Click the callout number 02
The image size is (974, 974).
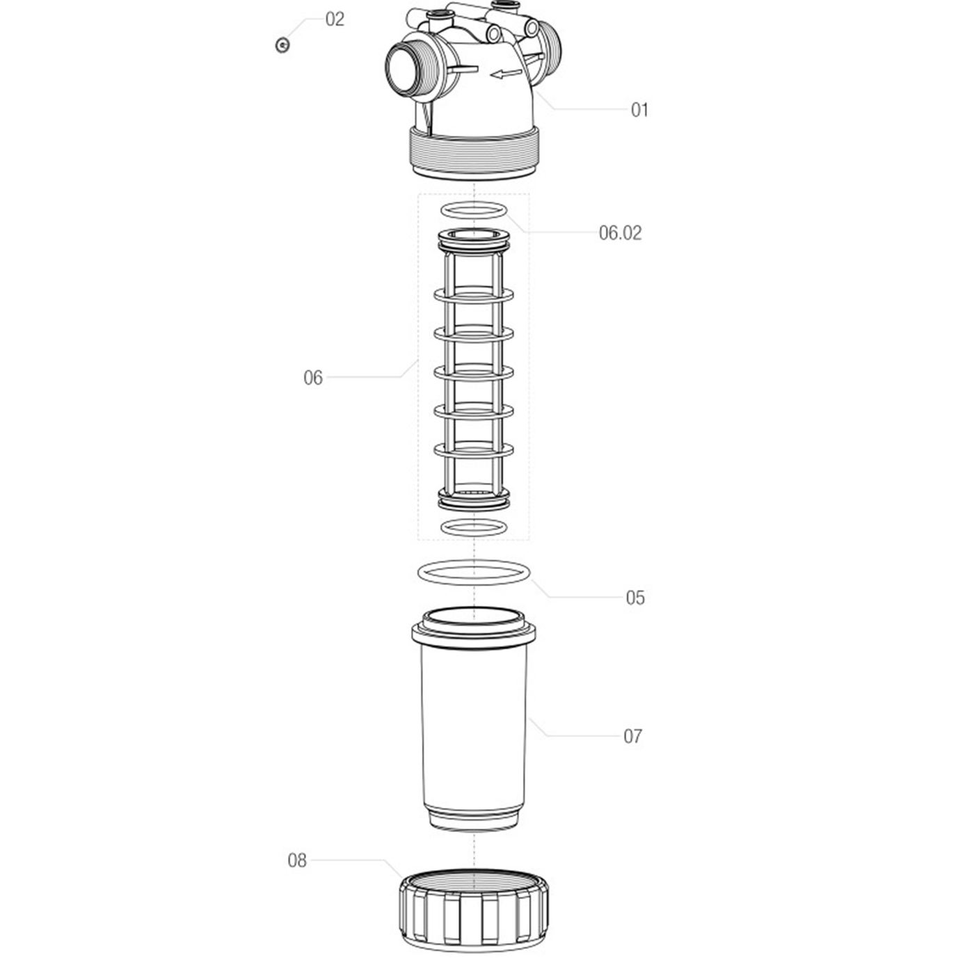pyautogui.click(x=335, y=19)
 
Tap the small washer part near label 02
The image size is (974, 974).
pyautogui.click(x=282, y=45)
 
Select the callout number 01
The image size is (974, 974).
pyautogui.click(x=639, y=110)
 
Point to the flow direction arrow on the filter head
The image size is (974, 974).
pyautogui.click(x=506, y=74)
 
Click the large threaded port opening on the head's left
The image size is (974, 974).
pyautogui.click(x=404, y=71)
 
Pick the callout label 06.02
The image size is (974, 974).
pyautogui.click(x=620, y=233)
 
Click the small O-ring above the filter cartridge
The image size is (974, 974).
pyautogui.click(x=474, y=210)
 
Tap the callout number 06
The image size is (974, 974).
pyautogui.click(x=313, y=378)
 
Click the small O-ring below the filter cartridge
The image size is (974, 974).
pyautogui.click(x=474, y=527)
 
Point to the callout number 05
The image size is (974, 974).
pyautogui.click(x=635, y=598)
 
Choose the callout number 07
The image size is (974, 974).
pyautogui.click(x=633, y=737)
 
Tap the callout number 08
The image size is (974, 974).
pyautogui.click(x=297, y=861)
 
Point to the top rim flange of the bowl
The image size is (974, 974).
pyautogui.click(x=474, y=629)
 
